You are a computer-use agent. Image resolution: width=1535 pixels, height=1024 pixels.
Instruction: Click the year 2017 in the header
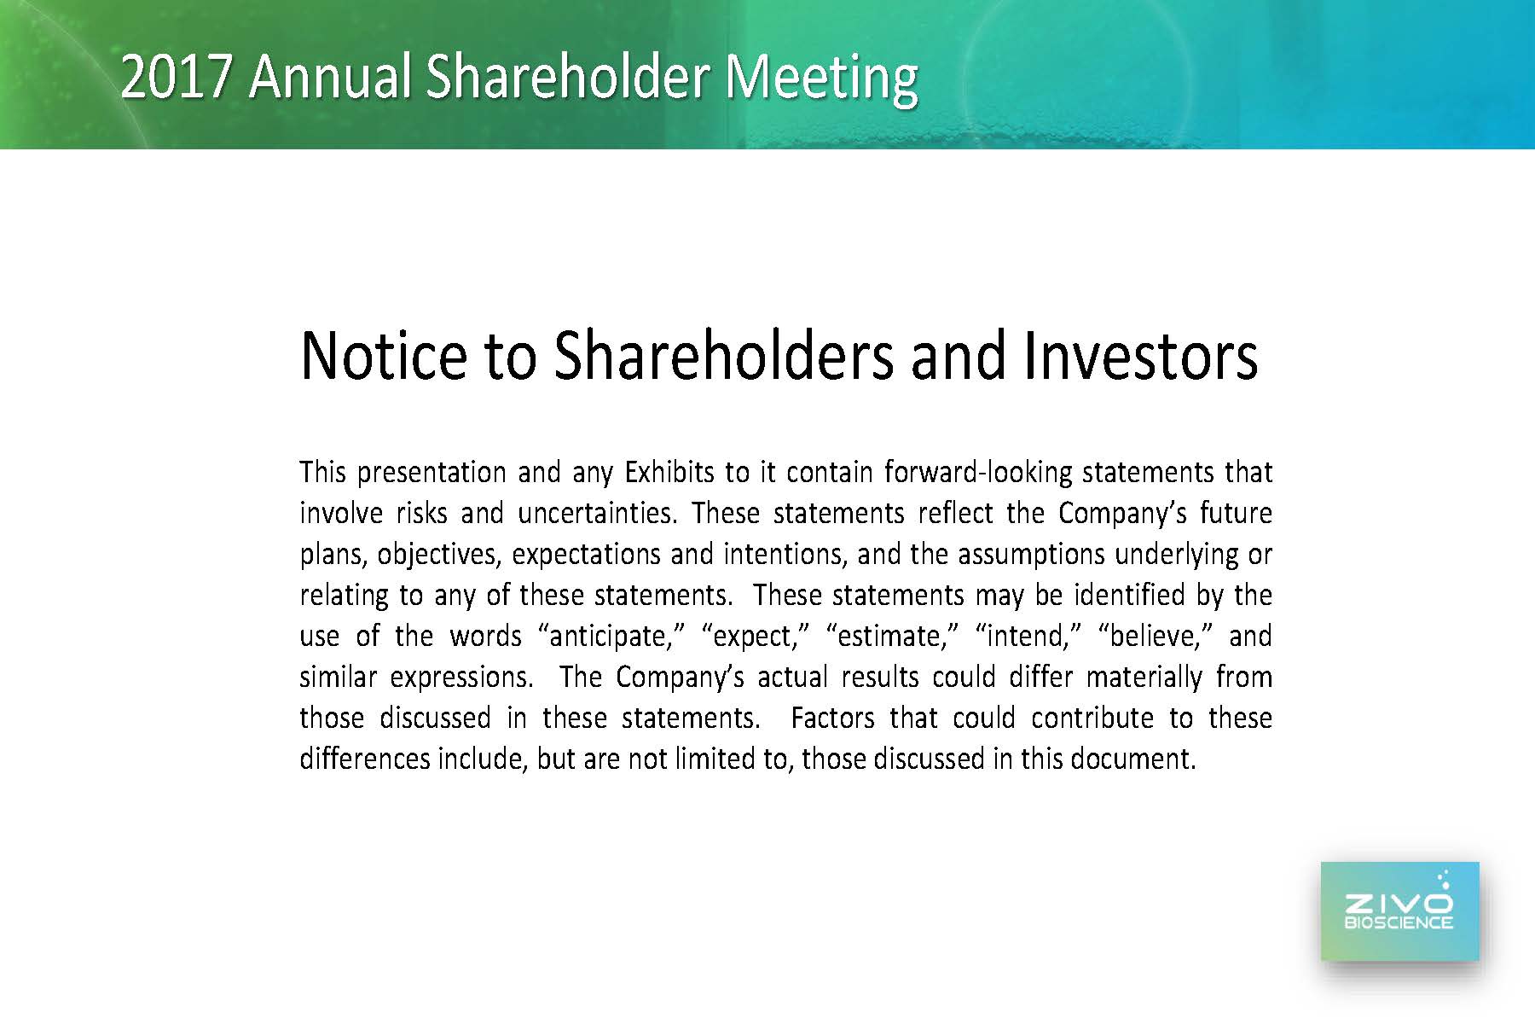pos(176,77)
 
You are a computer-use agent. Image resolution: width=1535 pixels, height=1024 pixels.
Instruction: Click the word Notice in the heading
pos(384,356)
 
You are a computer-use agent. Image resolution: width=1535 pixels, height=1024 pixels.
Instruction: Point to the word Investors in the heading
pos(1140,356)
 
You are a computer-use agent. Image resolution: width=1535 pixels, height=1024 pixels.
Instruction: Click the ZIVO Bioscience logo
pos(1399,911)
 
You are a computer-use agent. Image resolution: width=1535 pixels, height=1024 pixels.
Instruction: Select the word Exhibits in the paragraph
pos(669,472)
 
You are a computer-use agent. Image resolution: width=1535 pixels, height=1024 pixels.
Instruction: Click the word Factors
pos(832,719)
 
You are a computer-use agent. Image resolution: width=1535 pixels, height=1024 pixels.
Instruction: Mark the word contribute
pos(1092,719)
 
